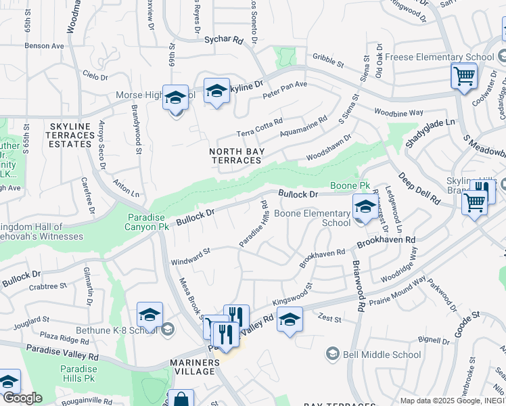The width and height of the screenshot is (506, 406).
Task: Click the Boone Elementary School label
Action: click(312, 217)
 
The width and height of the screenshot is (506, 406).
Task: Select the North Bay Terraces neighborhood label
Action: click(235, 156)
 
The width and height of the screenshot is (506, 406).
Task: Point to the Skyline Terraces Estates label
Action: click(70, 135)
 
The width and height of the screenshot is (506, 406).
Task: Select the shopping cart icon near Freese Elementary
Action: click(465, 76)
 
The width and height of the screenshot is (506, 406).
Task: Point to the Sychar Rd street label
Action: click(223, 40)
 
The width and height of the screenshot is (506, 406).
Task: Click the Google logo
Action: click(22, 398)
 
